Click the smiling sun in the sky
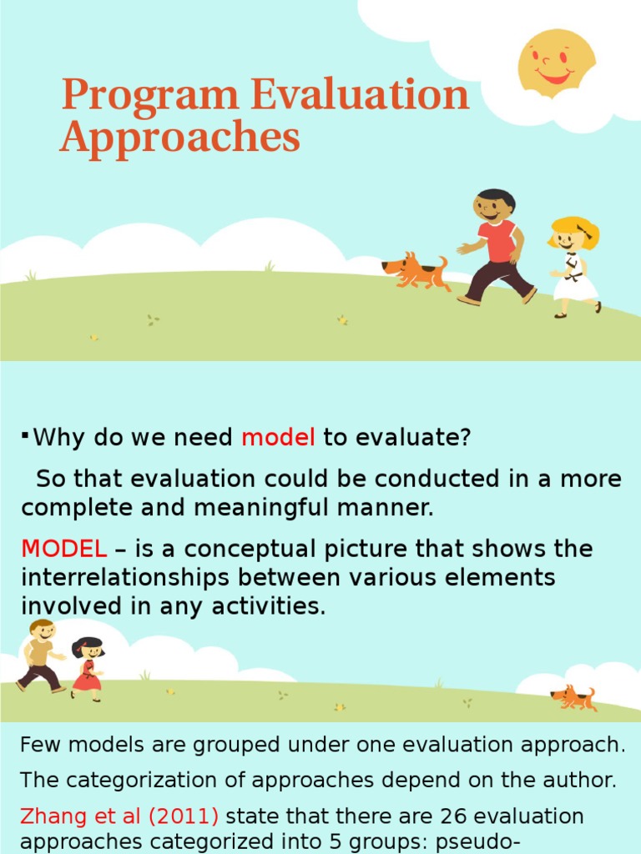[556, 63]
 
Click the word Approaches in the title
[179, 137]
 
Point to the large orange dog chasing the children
[416, 271]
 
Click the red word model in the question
[278, 437]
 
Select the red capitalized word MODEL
[64, 550]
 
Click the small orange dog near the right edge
[574, 698]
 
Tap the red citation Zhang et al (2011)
[119, 815]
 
